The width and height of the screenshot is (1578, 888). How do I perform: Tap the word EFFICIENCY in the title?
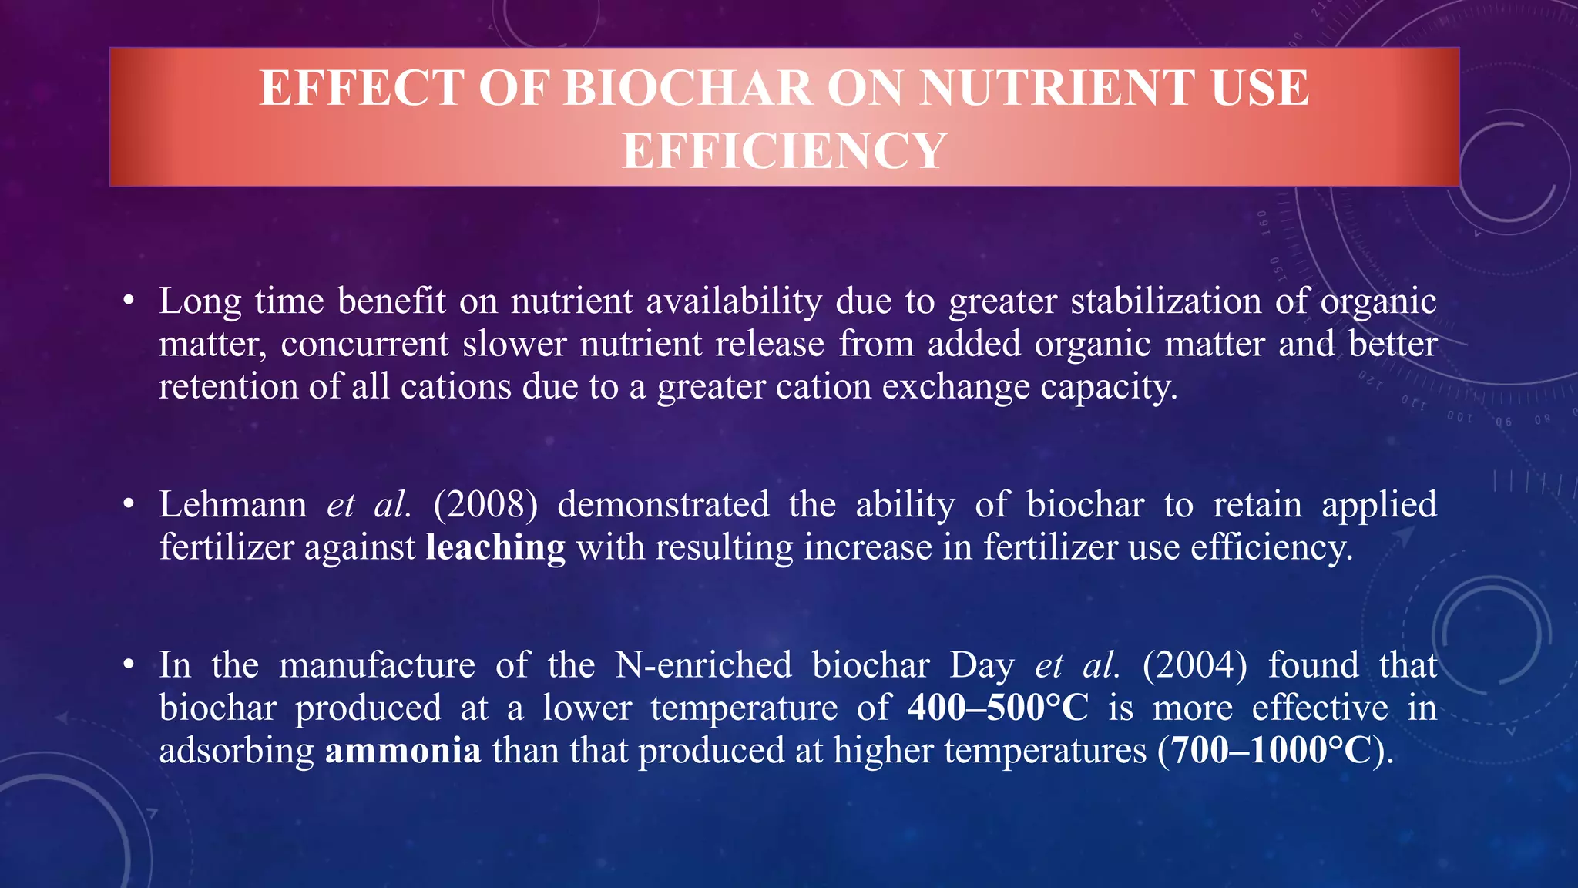(x=784, y=151)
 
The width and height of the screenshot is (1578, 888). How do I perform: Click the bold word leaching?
(x=495, y=548)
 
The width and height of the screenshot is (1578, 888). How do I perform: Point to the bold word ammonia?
(x=403, y=751)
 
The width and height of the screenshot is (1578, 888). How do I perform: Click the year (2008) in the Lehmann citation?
(x=485, y=505)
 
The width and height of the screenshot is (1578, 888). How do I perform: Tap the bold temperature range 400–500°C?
(x=998, y=708)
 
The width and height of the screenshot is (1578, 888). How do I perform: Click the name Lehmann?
(x=233, y=505)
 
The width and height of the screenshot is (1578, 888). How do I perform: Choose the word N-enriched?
(x=703, y=665)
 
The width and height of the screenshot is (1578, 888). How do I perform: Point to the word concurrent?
(x=364, y=344)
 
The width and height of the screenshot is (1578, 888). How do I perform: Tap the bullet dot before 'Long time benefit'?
(x=129, y=301)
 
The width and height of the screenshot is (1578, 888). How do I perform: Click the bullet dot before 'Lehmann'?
(x=129, y=505)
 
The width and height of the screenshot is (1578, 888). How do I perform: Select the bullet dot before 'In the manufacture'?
(x=129, y=664)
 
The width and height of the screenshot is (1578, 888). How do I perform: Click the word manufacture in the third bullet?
(x=377, y=665)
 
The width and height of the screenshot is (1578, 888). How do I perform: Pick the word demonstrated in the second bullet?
(x=663, y=505)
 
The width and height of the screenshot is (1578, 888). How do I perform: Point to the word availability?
(x=734, y=301)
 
